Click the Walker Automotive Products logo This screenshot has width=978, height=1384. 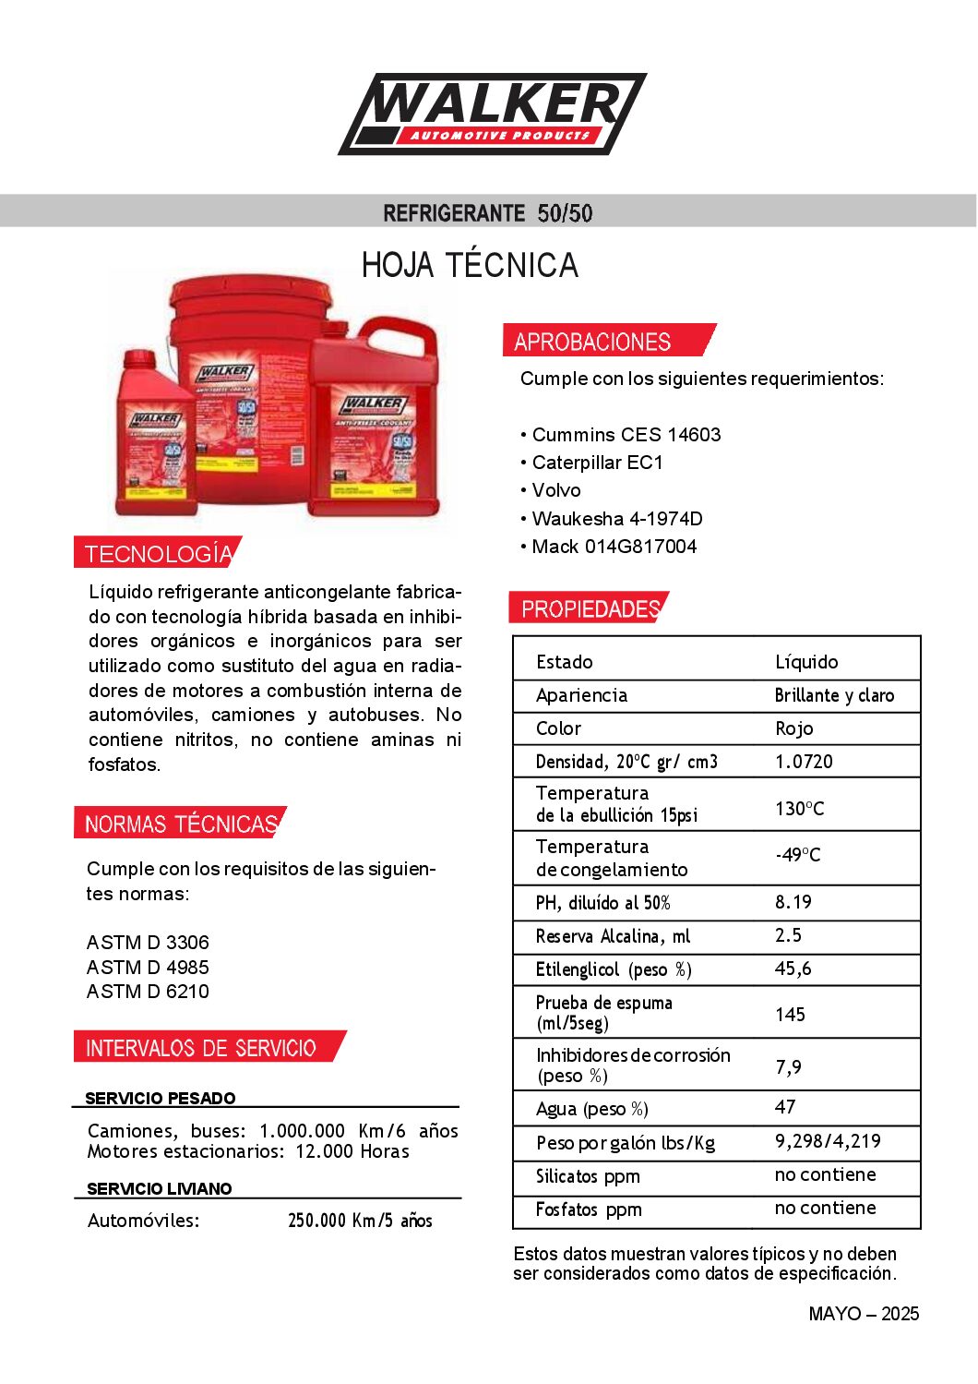click(x=493, y=114)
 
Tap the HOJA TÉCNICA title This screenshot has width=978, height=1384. click(x=470, y=266)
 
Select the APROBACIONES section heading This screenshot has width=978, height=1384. click(x=592, y=342)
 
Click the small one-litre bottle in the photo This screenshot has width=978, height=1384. click(x=156, y=434)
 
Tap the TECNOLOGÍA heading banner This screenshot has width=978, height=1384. click(x=158, y=554)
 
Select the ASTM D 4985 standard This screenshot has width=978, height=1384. click(x=148, y=967)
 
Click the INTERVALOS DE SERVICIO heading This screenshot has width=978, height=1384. click(x=201, y=1048)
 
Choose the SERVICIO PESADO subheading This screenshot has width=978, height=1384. click(x=161, y=1098)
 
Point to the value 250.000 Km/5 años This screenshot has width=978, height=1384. click(x=360, y=1221)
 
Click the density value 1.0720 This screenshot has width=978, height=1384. click(x=804, y=762)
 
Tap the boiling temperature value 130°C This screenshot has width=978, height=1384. click(x=799, y=809)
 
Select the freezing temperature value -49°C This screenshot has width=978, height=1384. click(x=797, y=855)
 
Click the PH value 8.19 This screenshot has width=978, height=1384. click(x=793, y=902)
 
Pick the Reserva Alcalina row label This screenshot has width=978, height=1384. click(x=613, y=936)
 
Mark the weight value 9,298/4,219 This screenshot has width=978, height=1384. click(x=828, y=1141)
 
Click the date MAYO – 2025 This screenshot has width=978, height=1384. click(x=864, y=1314)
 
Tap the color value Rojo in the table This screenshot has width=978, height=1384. click(x=793, y=728)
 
